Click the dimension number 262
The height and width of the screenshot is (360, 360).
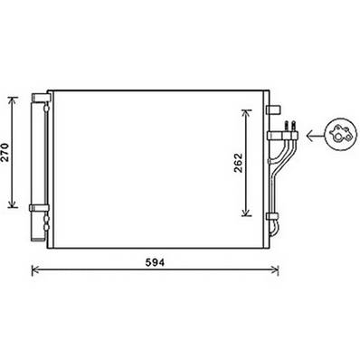(238, 163)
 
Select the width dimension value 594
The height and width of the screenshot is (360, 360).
(158, 262)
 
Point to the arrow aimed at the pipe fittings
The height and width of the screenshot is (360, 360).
(313, 137)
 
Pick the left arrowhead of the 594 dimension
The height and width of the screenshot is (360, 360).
(35, 268)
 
